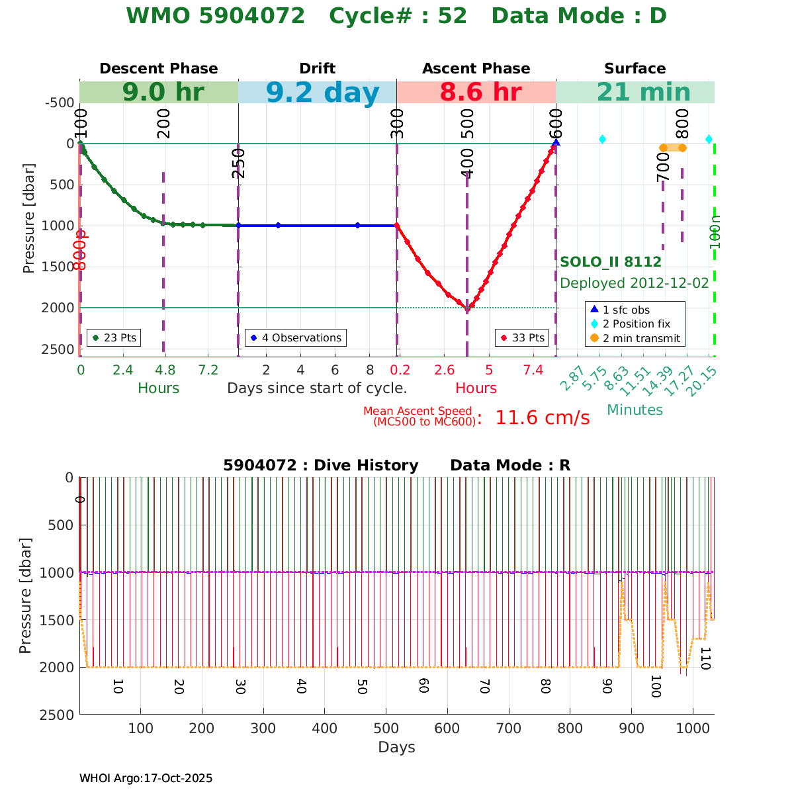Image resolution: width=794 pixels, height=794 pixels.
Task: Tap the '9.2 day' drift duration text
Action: [323, 93]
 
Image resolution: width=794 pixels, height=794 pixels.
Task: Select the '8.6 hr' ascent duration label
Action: [480, 93]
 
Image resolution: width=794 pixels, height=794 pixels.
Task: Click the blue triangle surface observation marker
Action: [556, 142]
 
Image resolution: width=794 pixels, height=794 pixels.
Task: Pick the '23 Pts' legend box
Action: [115, 337]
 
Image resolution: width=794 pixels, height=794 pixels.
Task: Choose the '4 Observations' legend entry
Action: [295, 337]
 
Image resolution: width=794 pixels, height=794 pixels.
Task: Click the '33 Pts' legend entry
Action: [523, 337]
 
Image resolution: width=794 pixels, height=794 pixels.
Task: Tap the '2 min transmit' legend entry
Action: [635, 338]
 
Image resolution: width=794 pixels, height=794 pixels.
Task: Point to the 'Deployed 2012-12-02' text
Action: [635, 283]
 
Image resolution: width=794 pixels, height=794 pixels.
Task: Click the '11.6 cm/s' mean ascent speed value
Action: [542, 418]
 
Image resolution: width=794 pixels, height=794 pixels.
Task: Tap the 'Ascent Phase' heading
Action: [476, 69]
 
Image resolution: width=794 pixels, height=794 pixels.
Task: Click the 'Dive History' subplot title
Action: [321, 465]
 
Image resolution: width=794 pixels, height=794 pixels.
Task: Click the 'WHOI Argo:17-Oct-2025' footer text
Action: [146, 778]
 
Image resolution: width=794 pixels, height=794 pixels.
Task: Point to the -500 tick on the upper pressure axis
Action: [59, 103]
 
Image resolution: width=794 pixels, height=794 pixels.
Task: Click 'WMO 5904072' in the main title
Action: [216, 16]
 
